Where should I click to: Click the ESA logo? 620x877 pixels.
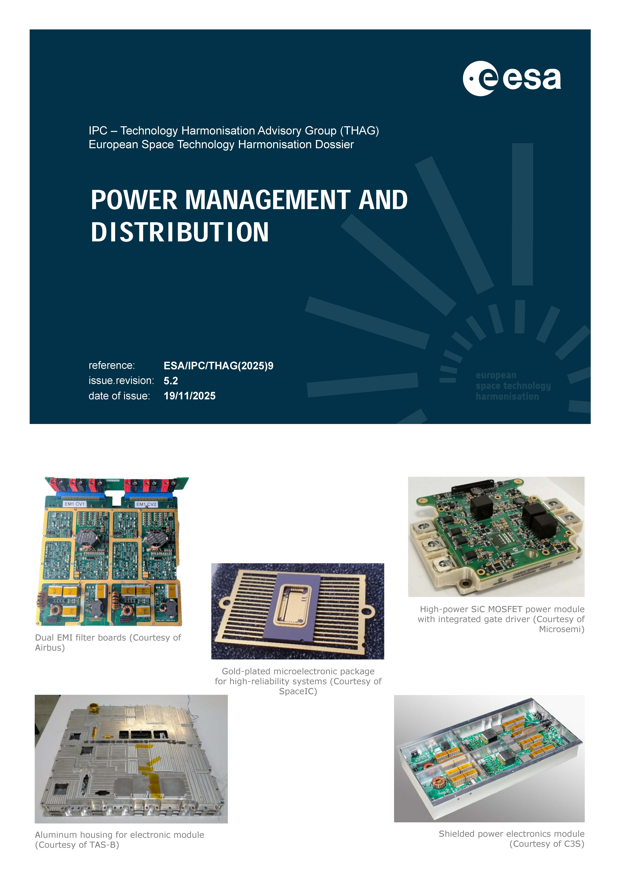[512, 78]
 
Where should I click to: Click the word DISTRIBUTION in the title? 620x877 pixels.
[180, 232]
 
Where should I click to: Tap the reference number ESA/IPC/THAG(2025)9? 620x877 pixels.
[218, 366]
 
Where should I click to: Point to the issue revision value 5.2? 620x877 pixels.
[171, 381]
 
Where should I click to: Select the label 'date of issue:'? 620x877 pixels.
[119, 396]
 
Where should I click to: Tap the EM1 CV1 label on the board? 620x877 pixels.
[75, 504]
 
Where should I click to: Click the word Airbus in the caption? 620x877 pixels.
[50, 648]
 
